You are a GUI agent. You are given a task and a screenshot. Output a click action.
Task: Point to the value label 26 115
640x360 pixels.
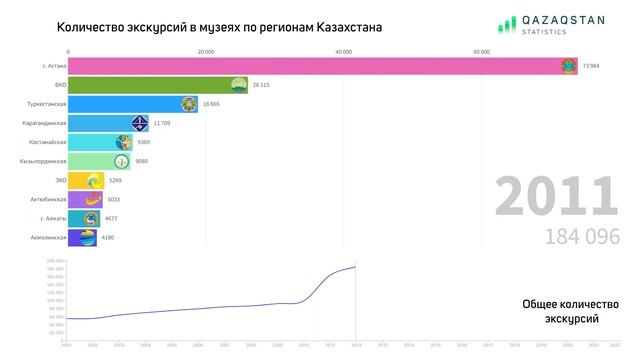tap(262, 85)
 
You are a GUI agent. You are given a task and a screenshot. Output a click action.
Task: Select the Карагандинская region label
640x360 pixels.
tap(44, 123)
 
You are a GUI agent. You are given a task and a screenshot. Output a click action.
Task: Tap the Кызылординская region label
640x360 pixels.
tap(43, 161)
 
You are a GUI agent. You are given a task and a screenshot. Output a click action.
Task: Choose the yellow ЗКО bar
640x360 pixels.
tap(86, 180)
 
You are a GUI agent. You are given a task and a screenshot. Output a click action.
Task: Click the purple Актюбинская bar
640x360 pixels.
tap(85, 199)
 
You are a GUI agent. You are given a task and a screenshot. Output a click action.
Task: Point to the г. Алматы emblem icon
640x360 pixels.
tap(91, 218)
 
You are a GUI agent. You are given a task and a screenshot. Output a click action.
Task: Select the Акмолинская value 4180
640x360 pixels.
tap(108, 237)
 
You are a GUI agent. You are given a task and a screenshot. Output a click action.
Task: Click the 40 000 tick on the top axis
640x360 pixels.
tap(343, 51)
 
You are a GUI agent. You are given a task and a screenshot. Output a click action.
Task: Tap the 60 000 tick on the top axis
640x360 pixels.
tap(481, 51)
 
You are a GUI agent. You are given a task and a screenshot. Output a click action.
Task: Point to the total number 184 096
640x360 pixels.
tap(583, 236)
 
